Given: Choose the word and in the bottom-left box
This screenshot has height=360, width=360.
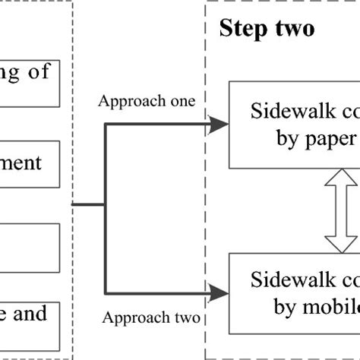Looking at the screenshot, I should [x=31, y=312].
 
